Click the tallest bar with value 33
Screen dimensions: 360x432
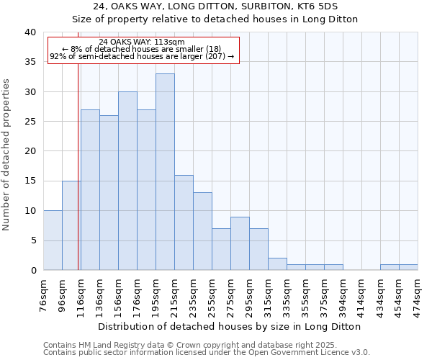165,172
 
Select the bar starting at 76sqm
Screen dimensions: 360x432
53,240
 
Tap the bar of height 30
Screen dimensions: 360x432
127,181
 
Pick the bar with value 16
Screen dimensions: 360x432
184,222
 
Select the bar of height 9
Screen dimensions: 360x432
240,243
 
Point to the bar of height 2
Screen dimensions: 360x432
277,264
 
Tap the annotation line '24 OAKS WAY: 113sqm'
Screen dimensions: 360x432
142,42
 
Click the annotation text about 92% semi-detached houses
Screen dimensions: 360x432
142,56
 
